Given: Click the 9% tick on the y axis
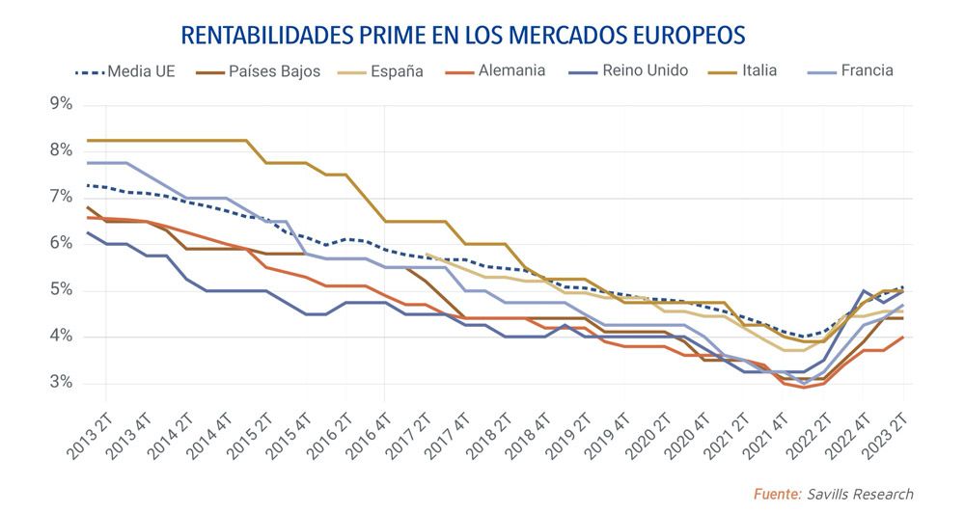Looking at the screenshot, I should coord(61,104).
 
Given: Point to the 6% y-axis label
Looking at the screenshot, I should coord(61,244).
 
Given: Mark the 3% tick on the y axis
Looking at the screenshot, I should coord(61,384).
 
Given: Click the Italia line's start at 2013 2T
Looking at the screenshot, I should coord(87,141).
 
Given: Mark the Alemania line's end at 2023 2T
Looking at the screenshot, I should coord(902,337).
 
